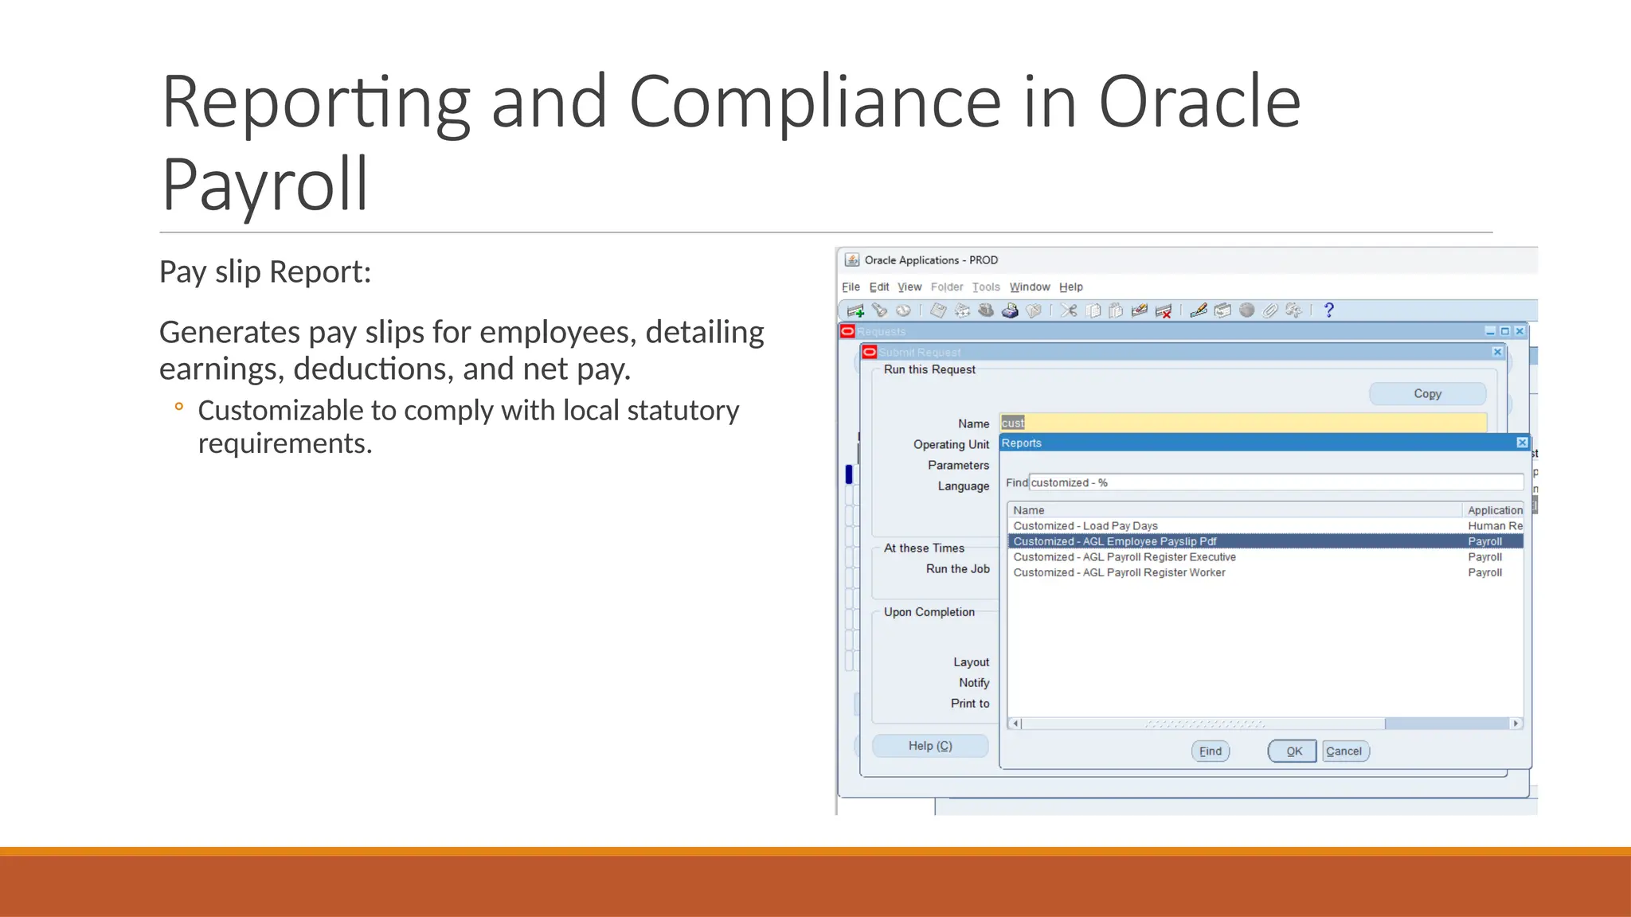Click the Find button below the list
tap(1210, 751)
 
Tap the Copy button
tap(1427, 393)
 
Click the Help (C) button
tap(930, 746)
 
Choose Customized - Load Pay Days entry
tap(1085, 526)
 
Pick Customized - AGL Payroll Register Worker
tap(1119, 572)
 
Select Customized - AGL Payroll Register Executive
tap(1124, 557)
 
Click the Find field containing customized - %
tap(1274, 482)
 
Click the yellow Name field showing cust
tap(1242, 423)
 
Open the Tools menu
tap(986, 287)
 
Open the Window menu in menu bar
tap(1030, 287)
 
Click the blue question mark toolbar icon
tap(1328, 310)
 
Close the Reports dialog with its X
tap(1522, 443)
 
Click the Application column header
tap(1494, 510)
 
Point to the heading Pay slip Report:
tap(265, 272)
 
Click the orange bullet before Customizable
tap(179, 407)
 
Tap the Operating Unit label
tap(951, 444)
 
